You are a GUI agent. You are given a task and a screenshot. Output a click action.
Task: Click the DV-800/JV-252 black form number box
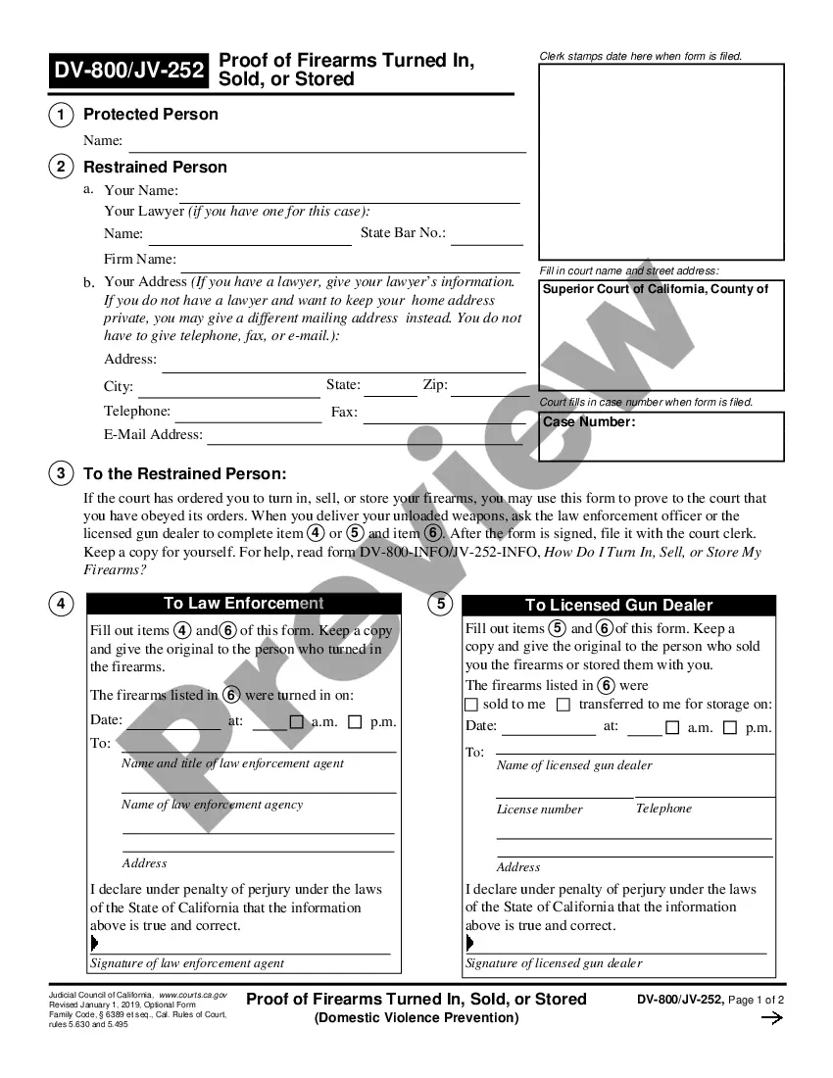tap(129, 71)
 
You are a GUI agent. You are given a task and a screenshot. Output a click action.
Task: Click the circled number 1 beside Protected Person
tap(61, 115)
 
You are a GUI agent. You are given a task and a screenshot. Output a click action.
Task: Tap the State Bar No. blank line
tap(487, 240)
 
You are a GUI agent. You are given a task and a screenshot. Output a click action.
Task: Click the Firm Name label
tap(140, 260)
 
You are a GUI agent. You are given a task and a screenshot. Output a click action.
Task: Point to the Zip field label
tap(435, 385)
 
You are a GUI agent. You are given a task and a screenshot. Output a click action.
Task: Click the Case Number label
tap(589, 422)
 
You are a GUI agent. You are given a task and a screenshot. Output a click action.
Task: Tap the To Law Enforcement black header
tap(244, 604)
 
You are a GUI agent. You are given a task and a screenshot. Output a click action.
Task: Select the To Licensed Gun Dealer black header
tap(618, 606)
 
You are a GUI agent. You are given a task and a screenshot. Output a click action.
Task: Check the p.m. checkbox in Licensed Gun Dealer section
tap(730, 727)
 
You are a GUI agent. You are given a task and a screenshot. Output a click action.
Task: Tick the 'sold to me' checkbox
tap(471, 705)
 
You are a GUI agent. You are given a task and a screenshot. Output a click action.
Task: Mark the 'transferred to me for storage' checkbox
tap(563, 705)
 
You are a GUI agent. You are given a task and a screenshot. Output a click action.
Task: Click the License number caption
tap(539, 809)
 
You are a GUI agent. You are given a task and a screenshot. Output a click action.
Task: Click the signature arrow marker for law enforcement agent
tap(94, 943)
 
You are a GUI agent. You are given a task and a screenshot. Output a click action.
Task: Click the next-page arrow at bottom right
tap(772, 1018)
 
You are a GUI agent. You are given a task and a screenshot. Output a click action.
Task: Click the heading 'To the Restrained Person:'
tap(185, 474)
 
